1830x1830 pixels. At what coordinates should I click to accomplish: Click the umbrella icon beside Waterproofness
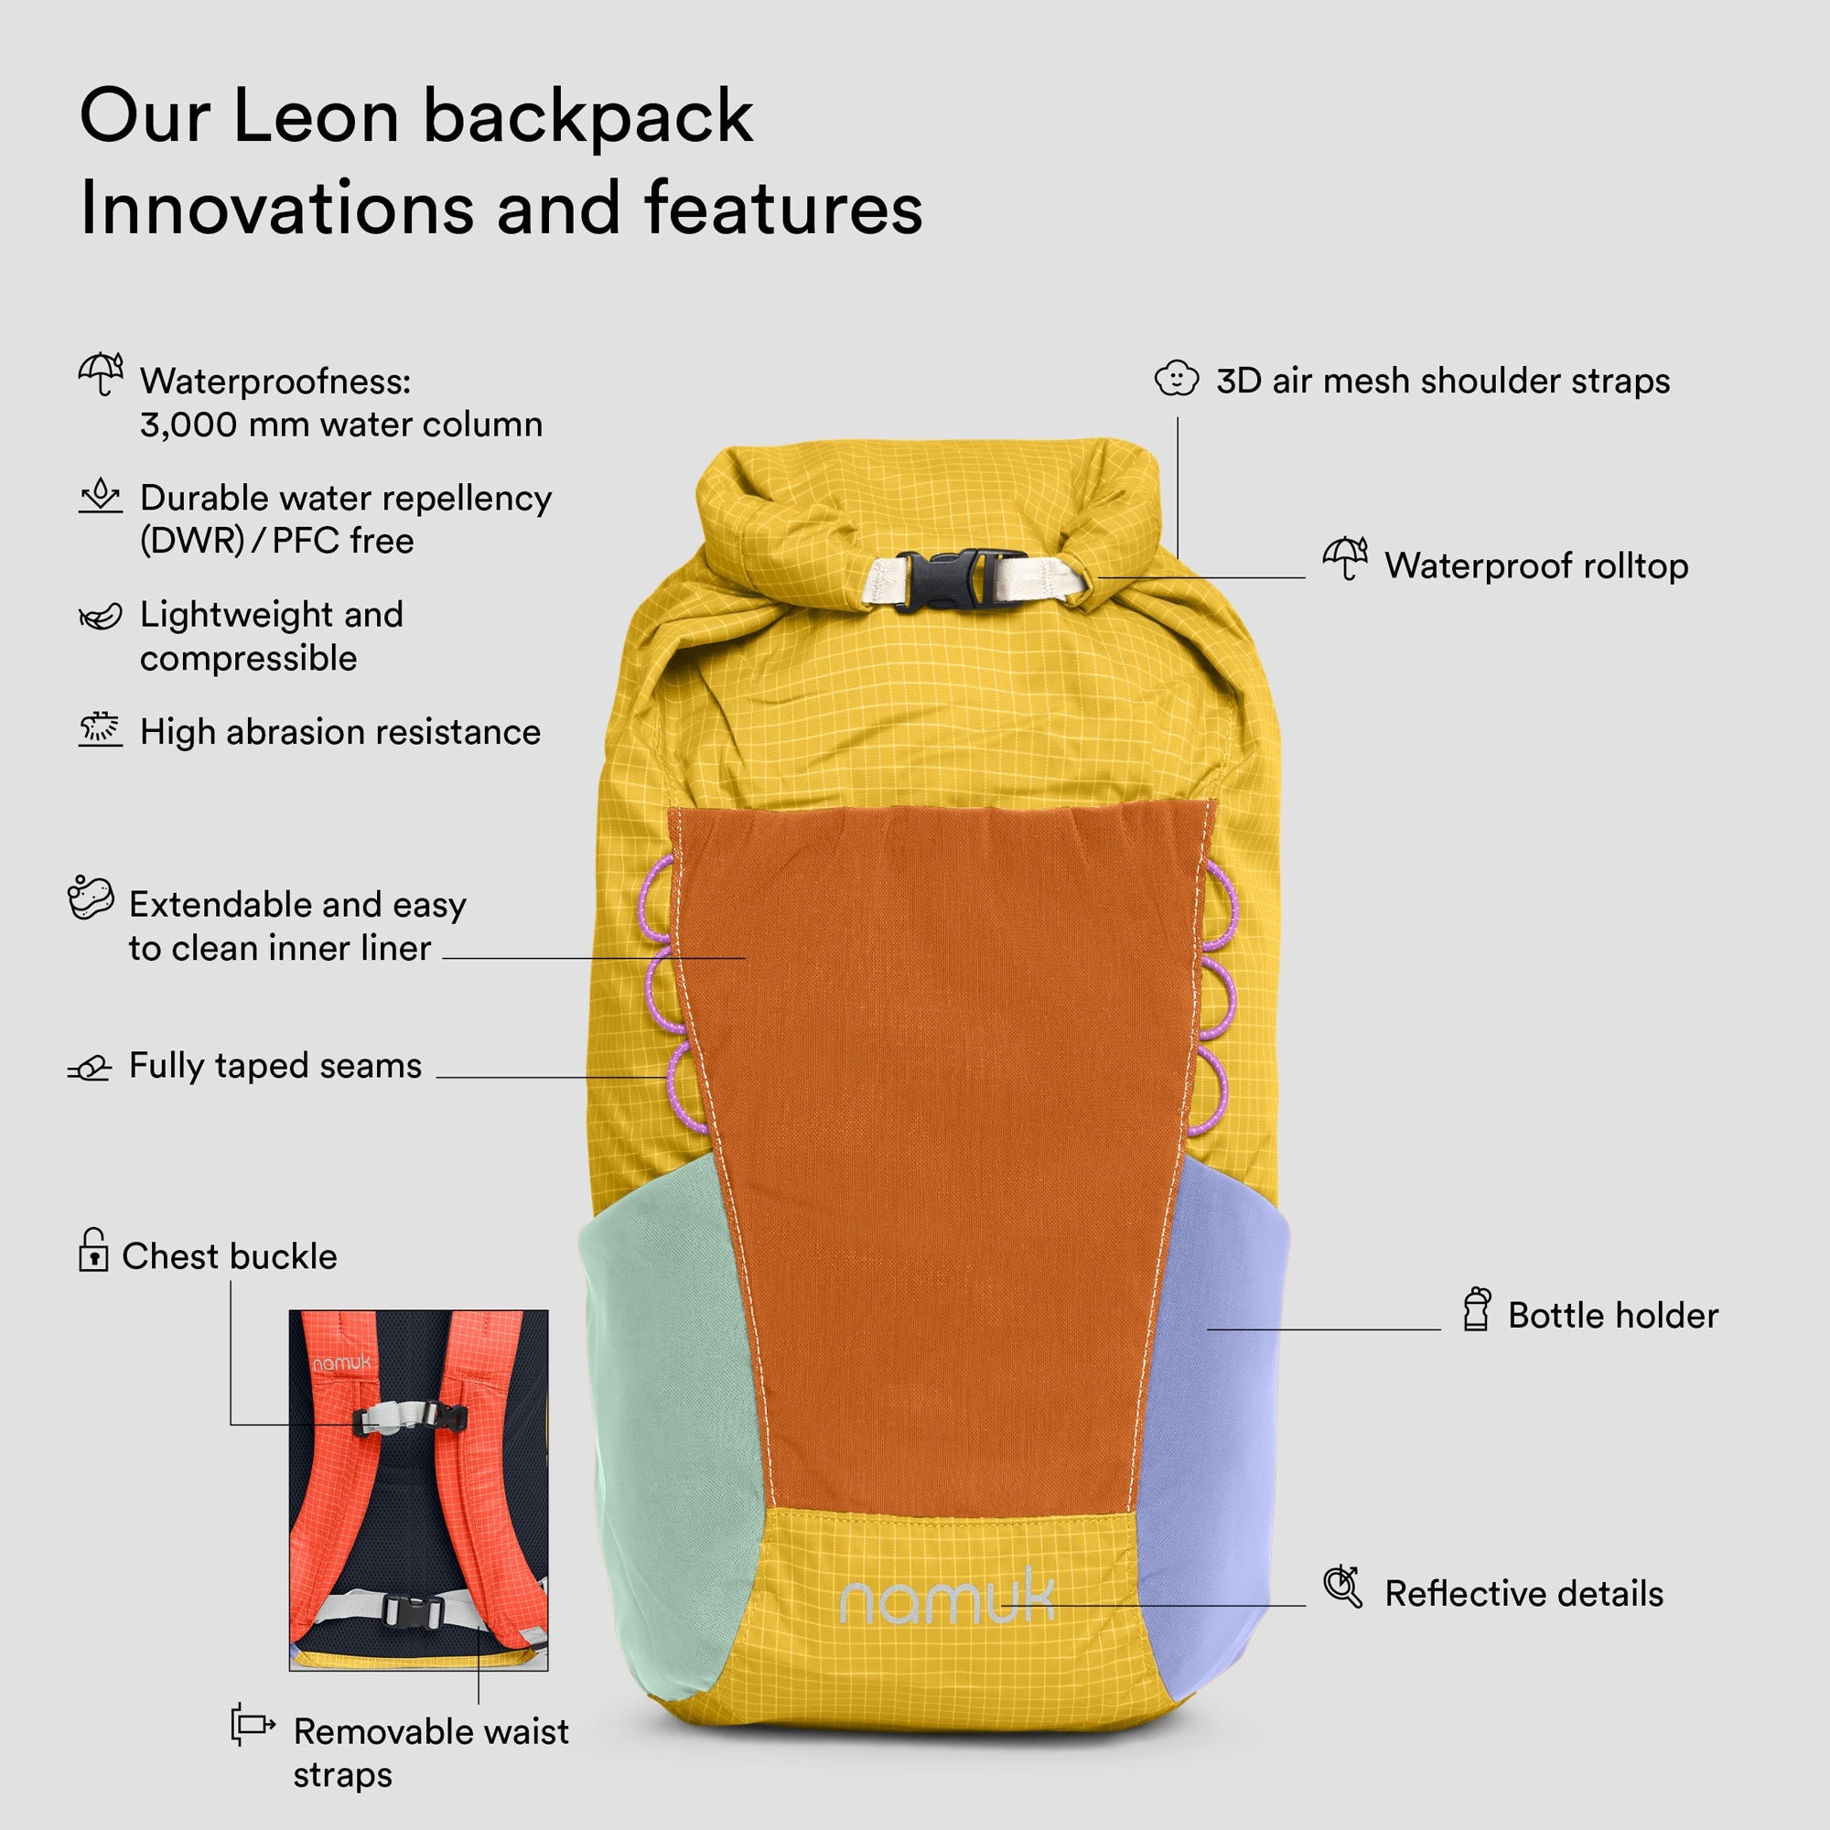(101, 374)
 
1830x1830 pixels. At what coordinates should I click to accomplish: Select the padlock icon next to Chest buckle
(92, 1249)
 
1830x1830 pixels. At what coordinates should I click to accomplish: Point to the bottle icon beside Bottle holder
(1477, 1309)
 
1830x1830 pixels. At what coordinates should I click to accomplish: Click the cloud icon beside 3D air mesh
(1177, 379)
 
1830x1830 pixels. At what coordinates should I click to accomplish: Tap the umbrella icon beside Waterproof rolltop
(1345, 559)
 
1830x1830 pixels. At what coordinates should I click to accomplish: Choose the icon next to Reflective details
(1343, 1587)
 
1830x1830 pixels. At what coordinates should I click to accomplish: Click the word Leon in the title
(316, 116)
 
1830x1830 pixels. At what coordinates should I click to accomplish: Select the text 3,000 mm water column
(342, 425)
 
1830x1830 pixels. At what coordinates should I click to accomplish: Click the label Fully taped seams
(275, 1066)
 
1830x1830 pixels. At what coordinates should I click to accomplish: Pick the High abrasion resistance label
(341, 732)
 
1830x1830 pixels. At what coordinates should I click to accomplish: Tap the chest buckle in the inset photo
(410, 1417)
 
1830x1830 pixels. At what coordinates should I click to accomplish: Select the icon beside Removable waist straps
(253, 1725)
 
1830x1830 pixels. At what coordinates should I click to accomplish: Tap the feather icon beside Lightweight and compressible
(101, 618)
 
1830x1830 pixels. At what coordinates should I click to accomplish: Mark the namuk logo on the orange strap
(342, 1363)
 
